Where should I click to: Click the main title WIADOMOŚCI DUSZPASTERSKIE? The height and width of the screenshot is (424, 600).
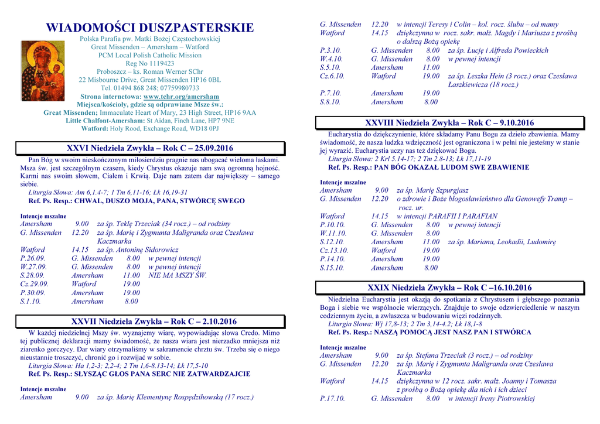[150, 28]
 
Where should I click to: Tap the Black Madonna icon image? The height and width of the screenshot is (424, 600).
[43, 71]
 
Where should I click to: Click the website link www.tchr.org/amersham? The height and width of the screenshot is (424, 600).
[181, 97]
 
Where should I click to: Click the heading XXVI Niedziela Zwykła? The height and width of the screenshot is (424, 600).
[150, 148]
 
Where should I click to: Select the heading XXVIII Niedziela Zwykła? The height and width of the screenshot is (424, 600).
[449, 123]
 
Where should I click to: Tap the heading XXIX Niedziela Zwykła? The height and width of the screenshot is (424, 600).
[449, 288]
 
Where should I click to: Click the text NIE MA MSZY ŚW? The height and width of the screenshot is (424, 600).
[178, 275]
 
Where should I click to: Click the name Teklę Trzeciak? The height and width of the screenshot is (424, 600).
[135, 224]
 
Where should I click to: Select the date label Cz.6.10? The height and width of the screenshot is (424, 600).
[332, 76]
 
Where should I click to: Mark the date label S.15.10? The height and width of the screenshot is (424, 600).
[332, 268]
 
